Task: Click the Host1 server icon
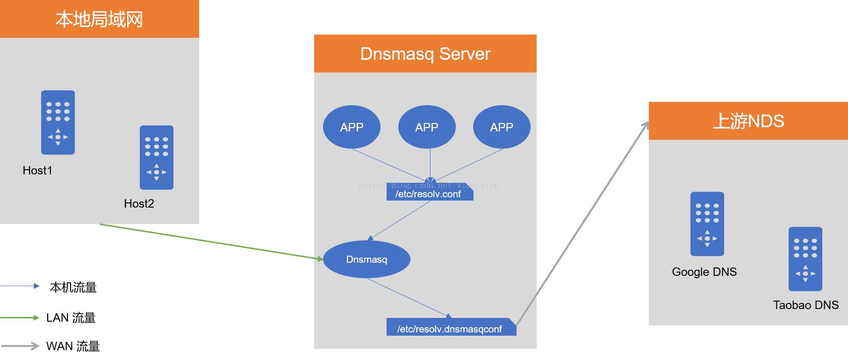click(58, 122)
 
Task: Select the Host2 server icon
click(157, 158)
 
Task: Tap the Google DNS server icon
click(707, 224)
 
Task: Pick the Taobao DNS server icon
click(805, 259)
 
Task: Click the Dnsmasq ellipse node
click(367, 259)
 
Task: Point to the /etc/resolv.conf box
click(430, 194)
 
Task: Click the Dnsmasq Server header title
click(425, 54)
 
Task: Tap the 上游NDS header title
click(748, 121)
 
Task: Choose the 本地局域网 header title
click(99, 19)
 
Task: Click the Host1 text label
click(37, 171)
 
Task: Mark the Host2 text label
click(139, 204)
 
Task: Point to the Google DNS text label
click(704, 272)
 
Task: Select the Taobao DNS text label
click(805, 305)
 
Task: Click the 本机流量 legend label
click(73, 288)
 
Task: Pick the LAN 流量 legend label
click(71, 318)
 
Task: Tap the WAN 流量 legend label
click(73, 346)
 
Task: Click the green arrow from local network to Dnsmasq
click(210, 241)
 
